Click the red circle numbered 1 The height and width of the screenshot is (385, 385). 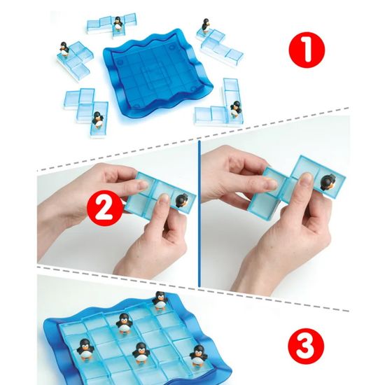pyautogui.click(x=307, y=50)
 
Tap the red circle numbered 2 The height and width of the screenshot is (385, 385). pyautogui.click(x=105, y=208)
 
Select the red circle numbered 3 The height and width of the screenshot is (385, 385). pyautogui.click(x=306, y=346)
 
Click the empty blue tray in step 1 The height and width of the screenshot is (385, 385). pyautogui.click(x=157, y=73)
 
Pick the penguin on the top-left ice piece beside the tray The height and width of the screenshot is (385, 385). pyautogui.click(x=64, y=48)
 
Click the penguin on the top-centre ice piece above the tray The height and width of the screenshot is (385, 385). pyautogui.click(x=118, y=24)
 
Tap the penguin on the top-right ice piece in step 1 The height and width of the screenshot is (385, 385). pyautogui.click(x=205, y=25)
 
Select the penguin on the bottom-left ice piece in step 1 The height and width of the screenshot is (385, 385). pyautogui.click(x=97, y=120)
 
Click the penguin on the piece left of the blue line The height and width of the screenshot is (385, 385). pyautogui.click(x=182, y=200)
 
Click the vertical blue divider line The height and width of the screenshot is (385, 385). pyautogui.click(x=199, y=213)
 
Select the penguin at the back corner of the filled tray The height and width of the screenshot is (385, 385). pyautogui.click(x=160, y=300)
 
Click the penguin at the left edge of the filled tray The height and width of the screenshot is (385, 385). pyautogui.click(x=85, y=349)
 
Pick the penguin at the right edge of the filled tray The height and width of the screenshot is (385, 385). pyautogui.click(x=198, y=356)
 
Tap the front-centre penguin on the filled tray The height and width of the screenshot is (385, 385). pyautogui.click(x=141, y=353)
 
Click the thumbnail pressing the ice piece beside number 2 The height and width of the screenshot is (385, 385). pyautogui.click(x=163, y=197)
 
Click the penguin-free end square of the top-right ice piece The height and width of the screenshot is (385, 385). pyautogui.click(x=234, y=55)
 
